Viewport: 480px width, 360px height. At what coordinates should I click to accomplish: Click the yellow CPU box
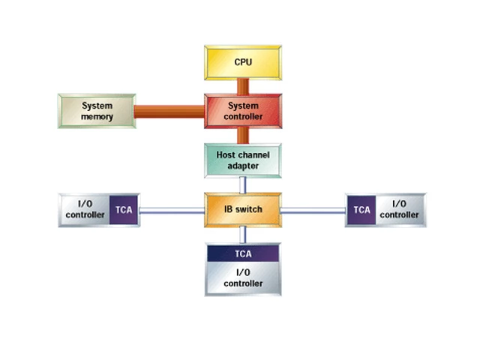pos(243,61)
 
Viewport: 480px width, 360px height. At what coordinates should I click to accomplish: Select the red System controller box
pos(243,111)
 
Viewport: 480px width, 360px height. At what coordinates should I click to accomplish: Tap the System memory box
pos(97,111)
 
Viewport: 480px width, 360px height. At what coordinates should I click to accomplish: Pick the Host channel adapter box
pos(243,160)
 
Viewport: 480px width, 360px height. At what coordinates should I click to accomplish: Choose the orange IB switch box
pos(243,209)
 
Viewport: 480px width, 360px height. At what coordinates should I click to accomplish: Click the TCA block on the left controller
pos(124,210)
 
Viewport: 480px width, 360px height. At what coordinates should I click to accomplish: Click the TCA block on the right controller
pos(362,210)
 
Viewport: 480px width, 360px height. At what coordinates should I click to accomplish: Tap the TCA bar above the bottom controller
pos(243,253)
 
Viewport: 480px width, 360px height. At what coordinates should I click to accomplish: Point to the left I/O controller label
pos(85,210)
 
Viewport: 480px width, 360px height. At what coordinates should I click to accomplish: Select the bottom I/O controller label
pos(243,278)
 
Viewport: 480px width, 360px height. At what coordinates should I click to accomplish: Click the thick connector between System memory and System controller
pos(170,112)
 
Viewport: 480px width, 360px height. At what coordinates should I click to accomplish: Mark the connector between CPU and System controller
pos(243,86)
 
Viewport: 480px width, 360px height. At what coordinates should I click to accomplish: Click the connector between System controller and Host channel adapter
pos(243,136)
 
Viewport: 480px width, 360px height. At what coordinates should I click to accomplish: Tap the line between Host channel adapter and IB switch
pos(243,184)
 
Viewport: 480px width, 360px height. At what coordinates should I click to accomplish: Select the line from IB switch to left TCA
pos(172,211)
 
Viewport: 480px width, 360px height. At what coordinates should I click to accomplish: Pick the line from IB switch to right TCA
pos(313,211)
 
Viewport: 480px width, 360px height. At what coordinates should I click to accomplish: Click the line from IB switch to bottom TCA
pos(243,235)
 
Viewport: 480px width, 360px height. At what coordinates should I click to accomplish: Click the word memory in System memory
pos(97,117)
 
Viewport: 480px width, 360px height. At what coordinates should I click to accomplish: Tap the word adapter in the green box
pos(243,166)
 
